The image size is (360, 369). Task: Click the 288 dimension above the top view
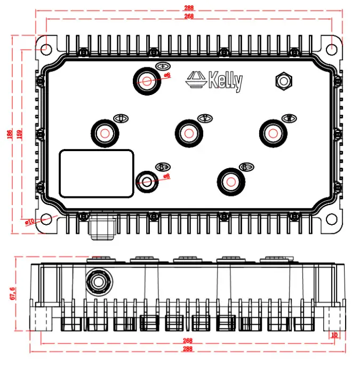[188, 8]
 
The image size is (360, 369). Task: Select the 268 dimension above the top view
[188, 17]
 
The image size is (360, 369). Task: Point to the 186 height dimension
[9, 134]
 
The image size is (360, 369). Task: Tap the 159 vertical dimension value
[20, 134]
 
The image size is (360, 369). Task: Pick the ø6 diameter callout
[166, 75]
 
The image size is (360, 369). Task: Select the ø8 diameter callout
[166, 176]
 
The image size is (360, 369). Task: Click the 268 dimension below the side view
[188, 340]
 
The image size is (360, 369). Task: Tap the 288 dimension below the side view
[188, 349]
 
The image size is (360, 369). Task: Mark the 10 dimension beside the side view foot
[334, 335]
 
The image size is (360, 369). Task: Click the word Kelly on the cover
[225, 82]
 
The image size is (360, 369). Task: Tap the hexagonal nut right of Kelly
[282, 81]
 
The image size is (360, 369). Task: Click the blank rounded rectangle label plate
[96, 173]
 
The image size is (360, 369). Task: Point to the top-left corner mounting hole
[45, 47]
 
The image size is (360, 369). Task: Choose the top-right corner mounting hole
[332, 47]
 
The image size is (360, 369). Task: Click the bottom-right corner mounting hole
[332, 219]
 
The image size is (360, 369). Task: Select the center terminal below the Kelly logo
[188, 132]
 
